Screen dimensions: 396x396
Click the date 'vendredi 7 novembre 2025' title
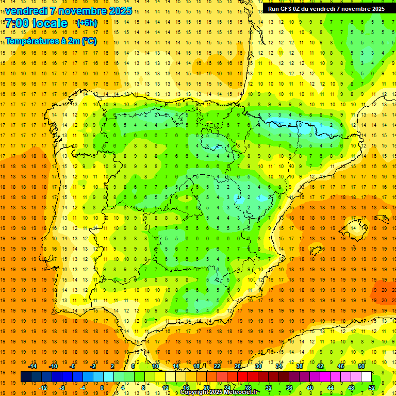tap(69, 11)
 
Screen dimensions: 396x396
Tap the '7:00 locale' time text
tap(36, 23)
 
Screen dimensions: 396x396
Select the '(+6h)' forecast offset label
tap(86, 23)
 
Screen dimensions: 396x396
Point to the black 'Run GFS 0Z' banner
tap(326, 9)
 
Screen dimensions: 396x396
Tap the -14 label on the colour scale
tap(33, 366)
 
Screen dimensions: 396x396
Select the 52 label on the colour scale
tap(372, 388)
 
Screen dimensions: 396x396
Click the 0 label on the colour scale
tap(102, 388)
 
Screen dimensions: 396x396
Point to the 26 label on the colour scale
tap(238, 366)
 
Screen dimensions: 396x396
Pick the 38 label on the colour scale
tap(299, 366)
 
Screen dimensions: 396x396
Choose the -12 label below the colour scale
tap(43, 388)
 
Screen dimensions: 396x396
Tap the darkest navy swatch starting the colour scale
tap(26, 377)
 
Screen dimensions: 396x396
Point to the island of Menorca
tap(382, 219)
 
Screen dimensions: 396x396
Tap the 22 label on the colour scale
tap(217, 366)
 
